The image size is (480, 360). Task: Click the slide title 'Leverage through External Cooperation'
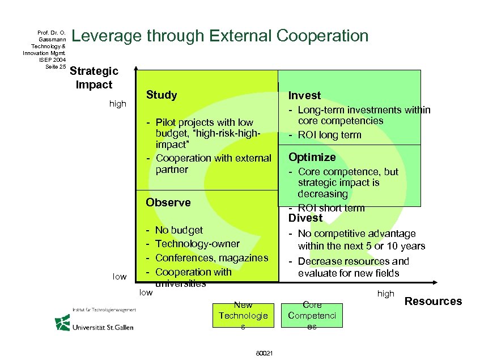coord(220,36)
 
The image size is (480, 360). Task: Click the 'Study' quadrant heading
coord(162,95)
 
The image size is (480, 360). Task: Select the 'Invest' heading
coord(304,96)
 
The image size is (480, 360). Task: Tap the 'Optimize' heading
coord(312,157)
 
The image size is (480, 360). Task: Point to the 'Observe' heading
coord(168,202)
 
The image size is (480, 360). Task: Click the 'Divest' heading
coord(305,218)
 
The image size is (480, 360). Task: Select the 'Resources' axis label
coord(433,301)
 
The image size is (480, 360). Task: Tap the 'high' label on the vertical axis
coord(117,104)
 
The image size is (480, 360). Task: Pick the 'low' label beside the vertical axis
coord(119,276)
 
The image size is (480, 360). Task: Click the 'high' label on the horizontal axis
coord(385,294)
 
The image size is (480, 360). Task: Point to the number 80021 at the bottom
coord(265,353)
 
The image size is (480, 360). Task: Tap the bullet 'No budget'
coord(179,230)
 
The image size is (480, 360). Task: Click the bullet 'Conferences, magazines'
coord(211,258)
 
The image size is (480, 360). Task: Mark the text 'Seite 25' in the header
coord(56,66)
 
